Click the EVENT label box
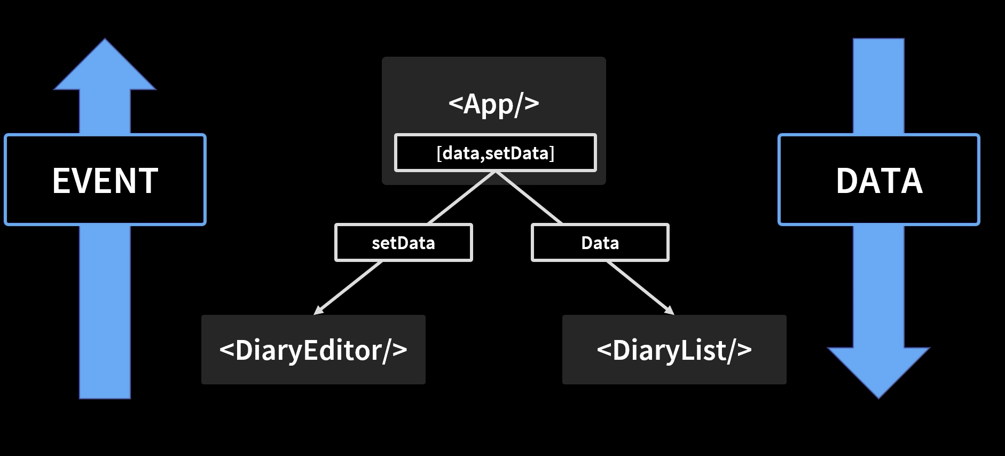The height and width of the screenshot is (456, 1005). [x=105, y=180]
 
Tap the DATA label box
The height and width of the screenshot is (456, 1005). [x=879, y=180]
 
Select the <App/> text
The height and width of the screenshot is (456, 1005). [x=494, y=104]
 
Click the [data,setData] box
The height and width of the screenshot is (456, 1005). [x=496, y=153]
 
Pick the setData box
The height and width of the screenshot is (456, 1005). [x=404, y=243]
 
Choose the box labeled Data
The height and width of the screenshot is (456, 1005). [x=600, y=243]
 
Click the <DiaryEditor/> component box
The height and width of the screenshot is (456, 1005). [x=313, y=350]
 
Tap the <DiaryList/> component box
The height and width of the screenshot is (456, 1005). [x=674, y=350]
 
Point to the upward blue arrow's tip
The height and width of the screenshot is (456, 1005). [x=105, y=38]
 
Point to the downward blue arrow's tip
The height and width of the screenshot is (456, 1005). [x=879, y=398]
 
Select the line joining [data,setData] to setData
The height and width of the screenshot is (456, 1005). [x=462, y=198]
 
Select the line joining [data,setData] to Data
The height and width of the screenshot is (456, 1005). [x=529, y=198]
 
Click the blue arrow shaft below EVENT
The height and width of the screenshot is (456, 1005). [x=105, y=312]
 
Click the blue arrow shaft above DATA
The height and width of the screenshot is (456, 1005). [x=879, y=86]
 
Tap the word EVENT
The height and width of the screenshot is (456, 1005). [x=105, y=181]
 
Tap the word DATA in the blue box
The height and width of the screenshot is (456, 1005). [x=879, y=181]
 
